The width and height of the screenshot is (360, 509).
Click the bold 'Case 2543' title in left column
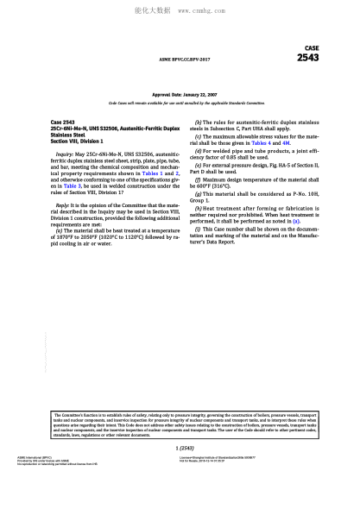pos(64,123)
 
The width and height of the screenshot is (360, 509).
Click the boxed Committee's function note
pos(180,424)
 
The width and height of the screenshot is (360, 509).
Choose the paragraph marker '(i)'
pos(199,229)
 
